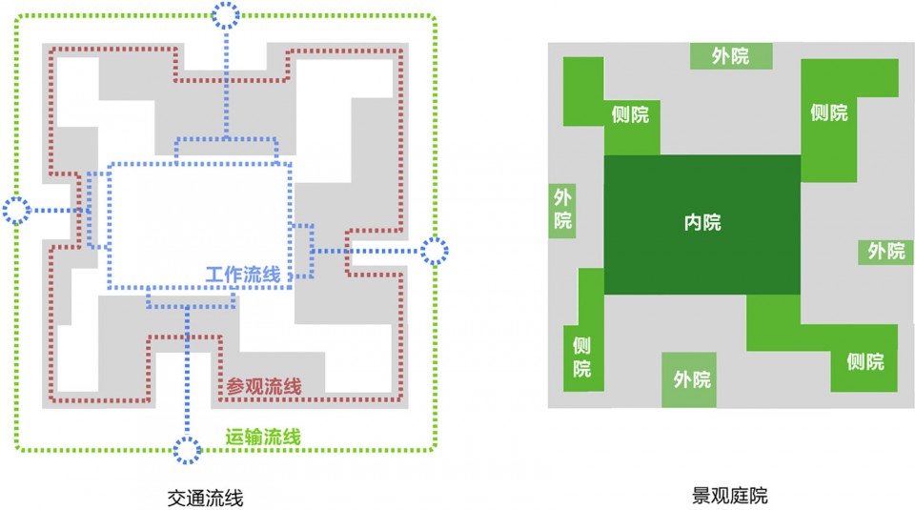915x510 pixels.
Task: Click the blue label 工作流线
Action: click(243, 275)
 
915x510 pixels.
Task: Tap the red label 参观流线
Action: click(264, 386)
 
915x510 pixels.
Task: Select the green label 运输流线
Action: click(263, 437)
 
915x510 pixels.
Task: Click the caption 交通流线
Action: click(206, 498)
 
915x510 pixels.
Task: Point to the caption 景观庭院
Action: click(729, 496)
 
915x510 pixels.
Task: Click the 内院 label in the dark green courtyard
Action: click(702, 222)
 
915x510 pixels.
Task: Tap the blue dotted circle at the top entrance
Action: click(225, 15)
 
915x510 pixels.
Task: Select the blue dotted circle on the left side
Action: click(16, 211)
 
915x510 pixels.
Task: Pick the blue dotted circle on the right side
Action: click(435, 251)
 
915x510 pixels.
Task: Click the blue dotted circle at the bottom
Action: click(187, 450)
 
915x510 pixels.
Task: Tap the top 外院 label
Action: click(730, 56)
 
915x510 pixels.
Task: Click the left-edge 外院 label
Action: click(562, 209)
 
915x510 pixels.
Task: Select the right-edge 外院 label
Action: click(885, 251)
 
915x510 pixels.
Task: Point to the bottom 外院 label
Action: click(692, 379)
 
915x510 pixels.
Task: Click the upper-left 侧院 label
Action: click(630, 114)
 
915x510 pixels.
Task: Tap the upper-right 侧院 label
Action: click(828, 112)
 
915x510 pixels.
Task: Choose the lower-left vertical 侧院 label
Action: click(581, 357)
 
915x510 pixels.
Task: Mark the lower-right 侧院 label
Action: click(865, 362)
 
